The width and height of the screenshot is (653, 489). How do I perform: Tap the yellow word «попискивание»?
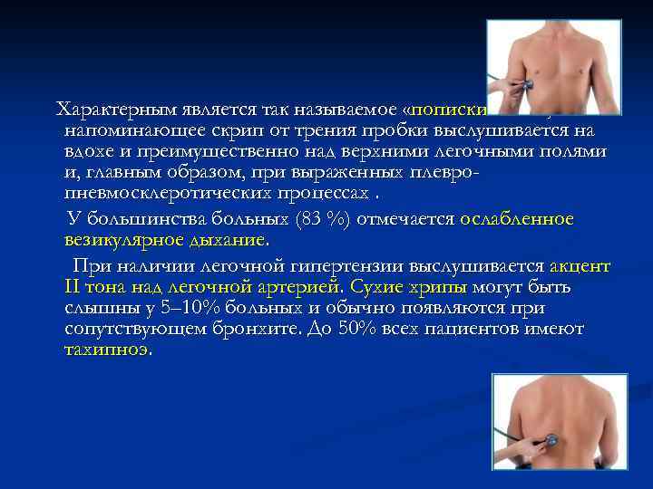(449, 110)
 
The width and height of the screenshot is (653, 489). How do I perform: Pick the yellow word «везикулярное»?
(117, 241)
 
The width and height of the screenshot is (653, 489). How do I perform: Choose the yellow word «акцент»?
(580, 266)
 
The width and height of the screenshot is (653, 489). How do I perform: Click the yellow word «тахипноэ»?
(108, 350)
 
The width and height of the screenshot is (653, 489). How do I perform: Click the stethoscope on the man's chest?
(523, 85)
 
